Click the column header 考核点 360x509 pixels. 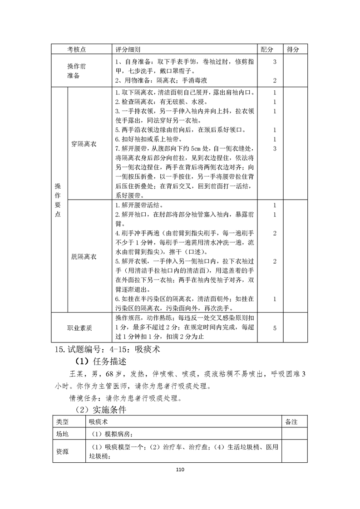pos(76,49)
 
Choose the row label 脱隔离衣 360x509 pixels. pos(84,256)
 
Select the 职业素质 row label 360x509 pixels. pos(79,328)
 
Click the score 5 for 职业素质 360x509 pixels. pos(275,328)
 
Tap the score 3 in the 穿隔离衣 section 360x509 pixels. pos(275,148)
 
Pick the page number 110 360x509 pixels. pos(180,470)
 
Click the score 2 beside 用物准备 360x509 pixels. pos(275,80)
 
